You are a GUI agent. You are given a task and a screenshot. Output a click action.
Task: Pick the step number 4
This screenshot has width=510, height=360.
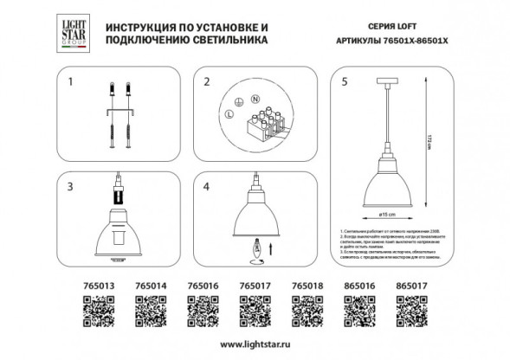tap(207, 186)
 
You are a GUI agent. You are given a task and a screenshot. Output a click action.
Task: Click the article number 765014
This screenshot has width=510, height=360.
tap(152, 283)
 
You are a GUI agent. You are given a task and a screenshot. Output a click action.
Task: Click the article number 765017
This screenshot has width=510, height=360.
tap(255, 283)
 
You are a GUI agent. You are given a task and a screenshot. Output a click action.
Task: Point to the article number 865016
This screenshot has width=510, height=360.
tap(359, 283)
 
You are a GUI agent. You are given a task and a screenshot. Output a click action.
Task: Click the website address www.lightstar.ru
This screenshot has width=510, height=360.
tap(255, 345)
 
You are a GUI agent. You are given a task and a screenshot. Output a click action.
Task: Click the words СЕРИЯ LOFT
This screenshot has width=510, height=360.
tap(356, 28)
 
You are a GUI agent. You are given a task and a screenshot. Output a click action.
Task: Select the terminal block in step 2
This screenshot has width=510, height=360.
tap(268, 120)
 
